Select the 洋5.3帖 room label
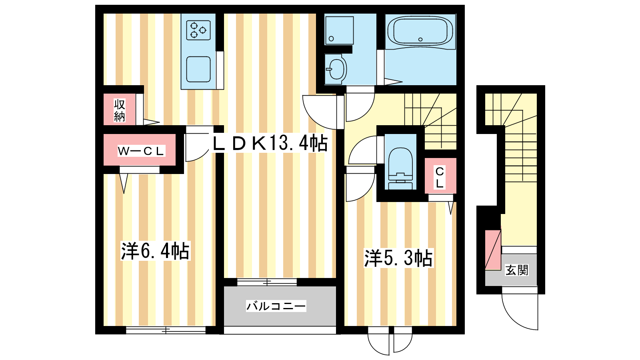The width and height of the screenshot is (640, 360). (x=398, y=258)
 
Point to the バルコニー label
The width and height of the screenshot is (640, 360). (x=276, y=306)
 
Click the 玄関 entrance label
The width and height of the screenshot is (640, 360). (x=517, y=270)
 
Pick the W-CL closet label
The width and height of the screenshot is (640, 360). (x=141, y=151)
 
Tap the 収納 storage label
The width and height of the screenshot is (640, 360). (x=120, y=110)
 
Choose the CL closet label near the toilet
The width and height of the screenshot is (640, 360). (x=440, y=178)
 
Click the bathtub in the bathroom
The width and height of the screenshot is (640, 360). (x=420, y=32)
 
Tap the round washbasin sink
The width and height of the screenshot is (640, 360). (x=336, y=69)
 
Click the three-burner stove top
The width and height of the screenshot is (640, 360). (x=198, y=30)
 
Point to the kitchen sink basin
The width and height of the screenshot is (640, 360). (x=198, y=70)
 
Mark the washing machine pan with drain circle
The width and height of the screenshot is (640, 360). (x=339, y=30)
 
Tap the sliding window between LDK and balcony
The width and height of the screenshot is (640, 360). (x=267, y=282)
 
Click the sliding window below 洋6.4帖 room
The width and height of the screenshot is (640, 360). (x=166, y=330)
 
